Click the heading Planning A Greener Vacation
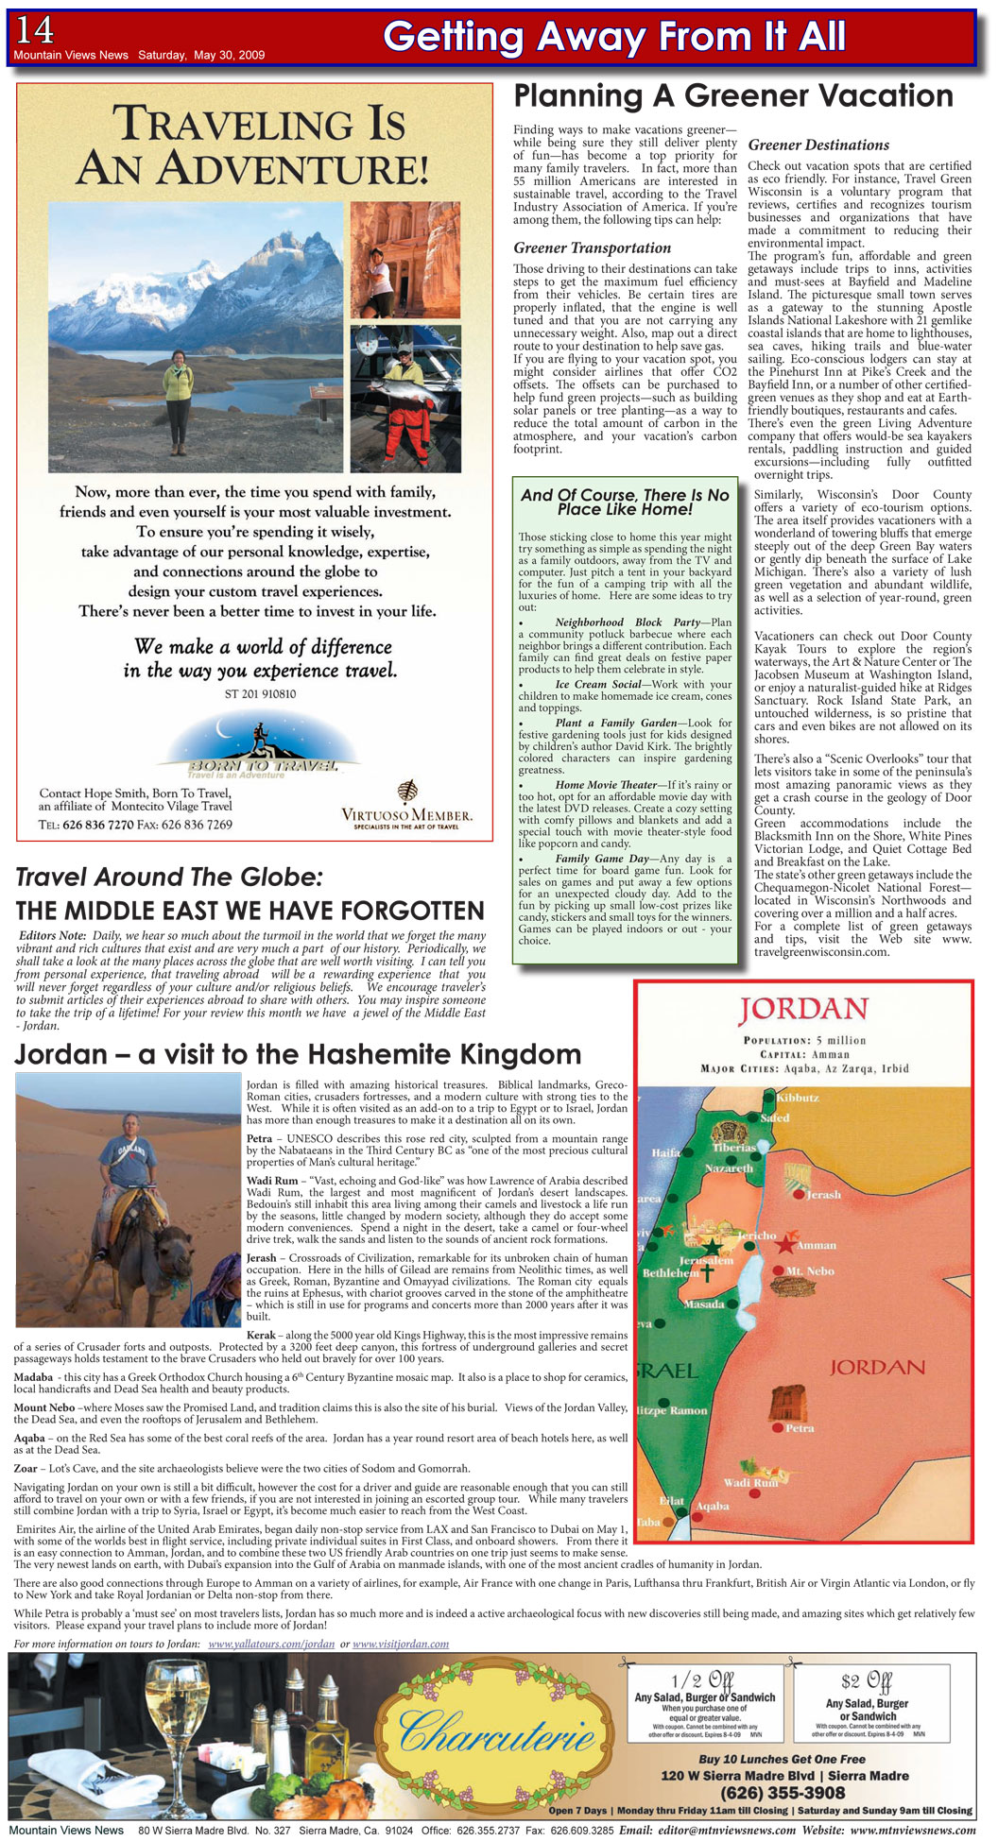732,95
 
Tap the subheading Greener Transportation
592,247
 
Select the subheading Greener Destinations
818,145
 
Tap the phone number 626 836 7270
97,825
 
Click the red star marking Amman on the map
784,1244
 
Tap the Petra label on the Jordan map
800,1428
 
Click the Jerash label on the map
822,1194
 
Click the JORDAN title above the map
803,1010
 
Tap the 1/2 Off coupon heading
701,1680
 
